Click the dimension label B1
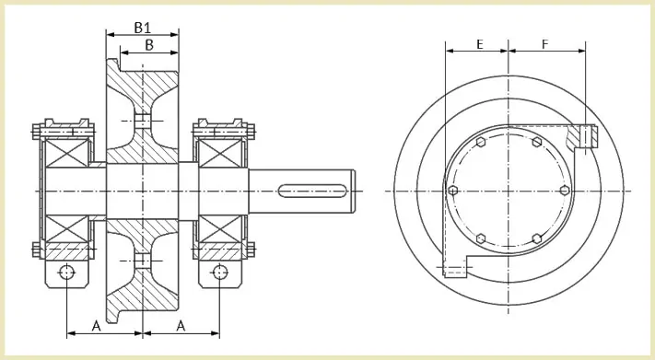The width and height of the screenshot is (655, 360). pos(142,28)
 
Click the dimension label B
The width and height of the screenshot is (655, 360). pos(149,45)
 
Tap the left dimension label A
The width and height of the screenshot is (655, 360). pos(96,326)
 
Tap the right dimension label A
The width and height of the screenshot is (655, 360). pos(181,326)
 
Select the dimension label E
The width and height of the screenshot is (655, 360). pos(480,44)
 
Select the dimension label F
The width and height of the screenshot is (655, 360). pos(544,44)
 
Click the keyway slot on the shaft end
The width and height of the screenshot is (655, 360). pos(312,192)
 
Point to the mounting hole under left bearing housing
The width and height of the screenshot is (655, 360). pos(67,273)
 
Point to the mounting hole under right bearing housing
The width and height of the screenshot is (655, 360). pos(220,273)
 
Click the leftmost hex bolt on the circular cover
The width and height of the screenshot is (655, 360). pos(453,191)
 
